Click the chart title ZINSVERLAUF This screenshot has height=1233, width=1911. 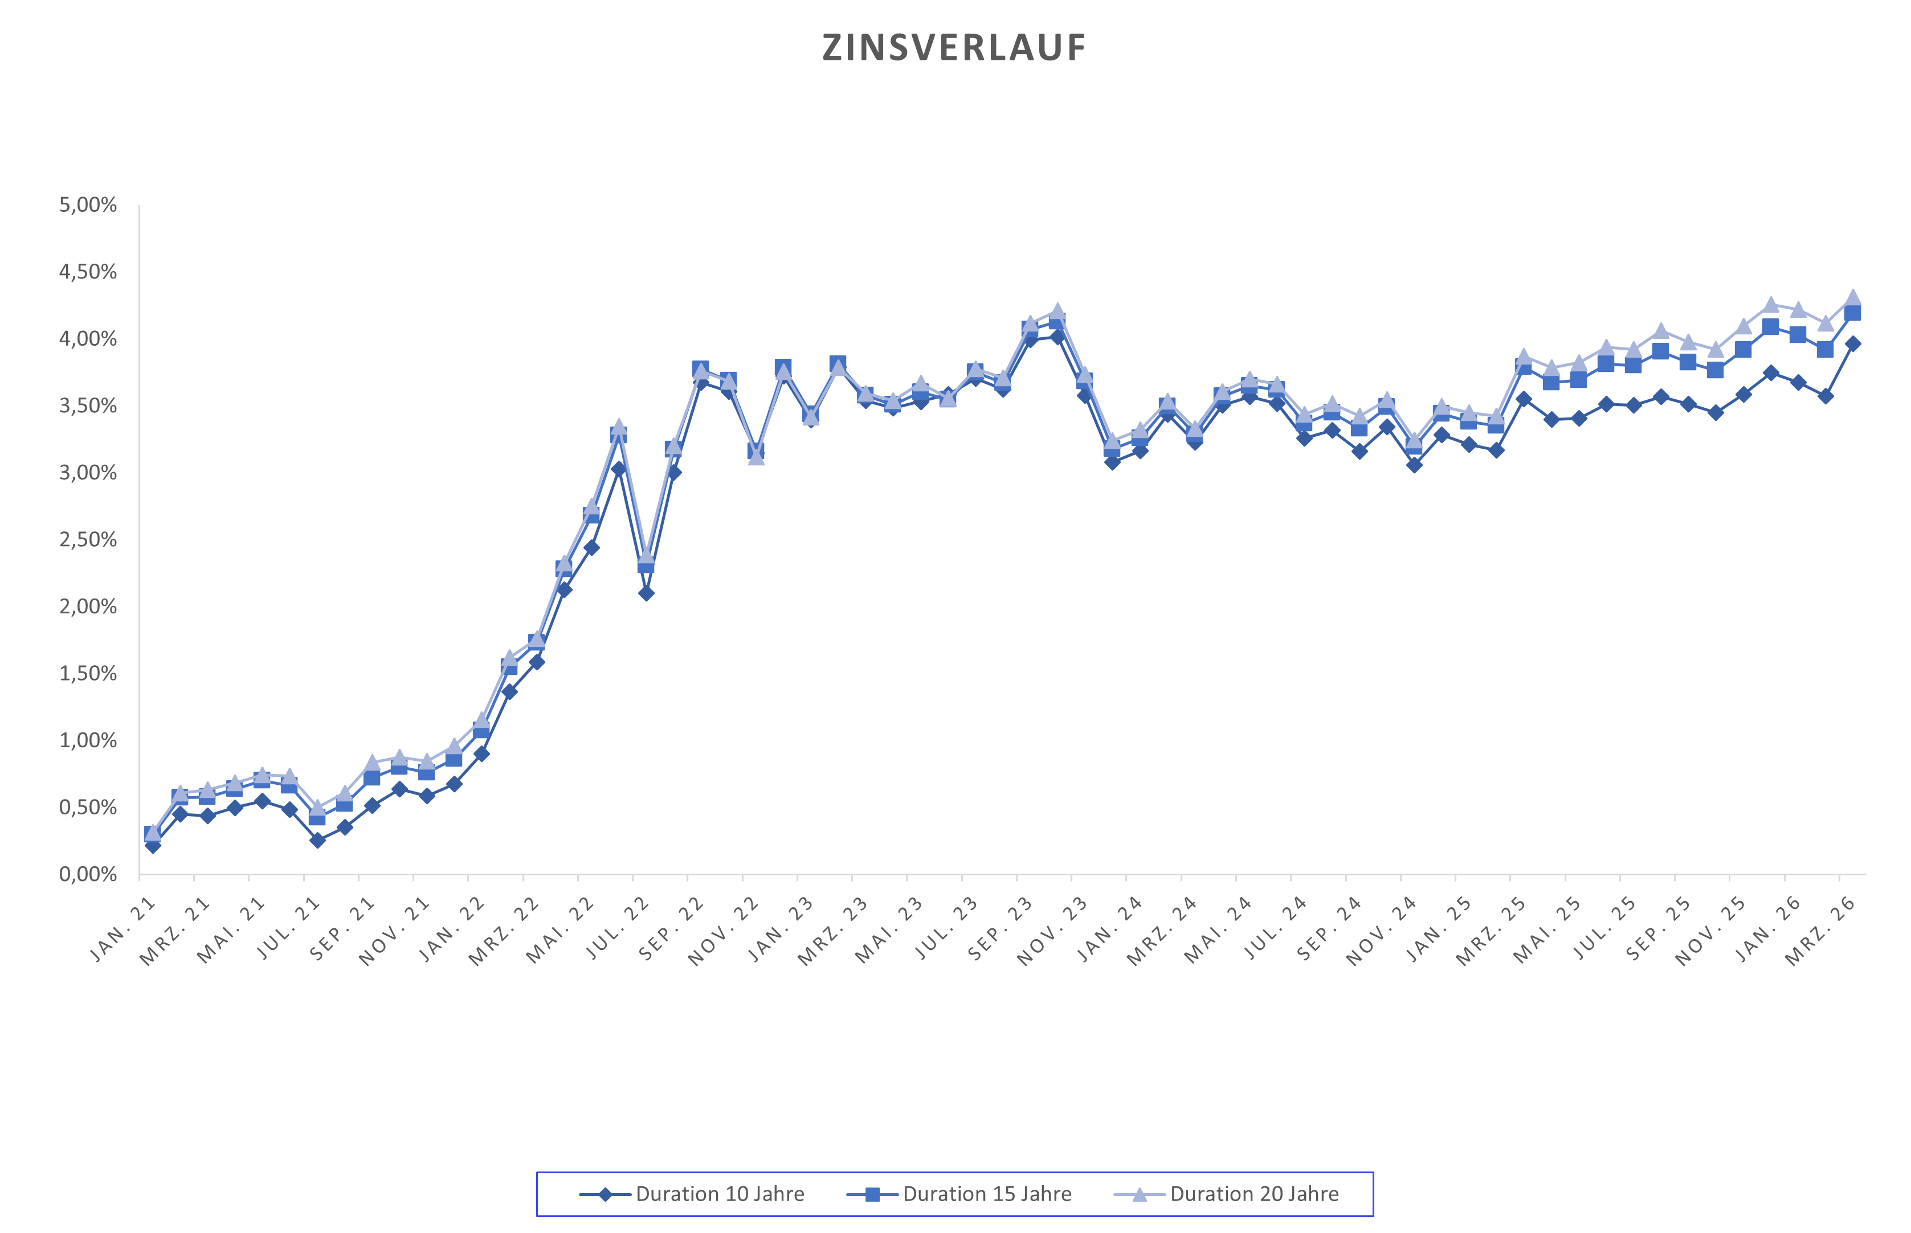point(954,48)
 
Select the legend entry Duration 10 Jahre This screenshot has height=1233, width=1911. point(719,1194)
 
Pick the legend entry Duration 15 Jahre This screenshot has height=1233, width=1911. point(987,1194)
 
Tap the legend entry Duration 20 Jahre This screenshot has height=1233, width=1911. point(1253,1194)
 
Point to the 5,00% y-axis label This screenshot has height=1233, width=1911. point(88,205)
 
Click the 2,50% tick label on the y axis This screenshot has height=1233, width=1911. point(88,540)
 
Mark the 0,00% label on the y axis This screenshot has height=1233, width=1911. point(88,874)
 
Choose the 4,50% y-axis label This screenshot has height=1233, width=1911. point(88,272)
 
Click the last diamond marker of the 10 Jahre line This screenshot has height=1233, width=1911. point(1852,343)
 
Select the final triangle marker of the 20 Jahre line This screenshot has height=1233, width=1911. point(1852,297)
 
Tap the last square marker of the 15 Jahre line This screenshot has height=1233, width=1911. point(1852,313)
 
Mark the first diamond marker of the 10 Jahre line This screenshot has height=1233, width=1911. point(153,845)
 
